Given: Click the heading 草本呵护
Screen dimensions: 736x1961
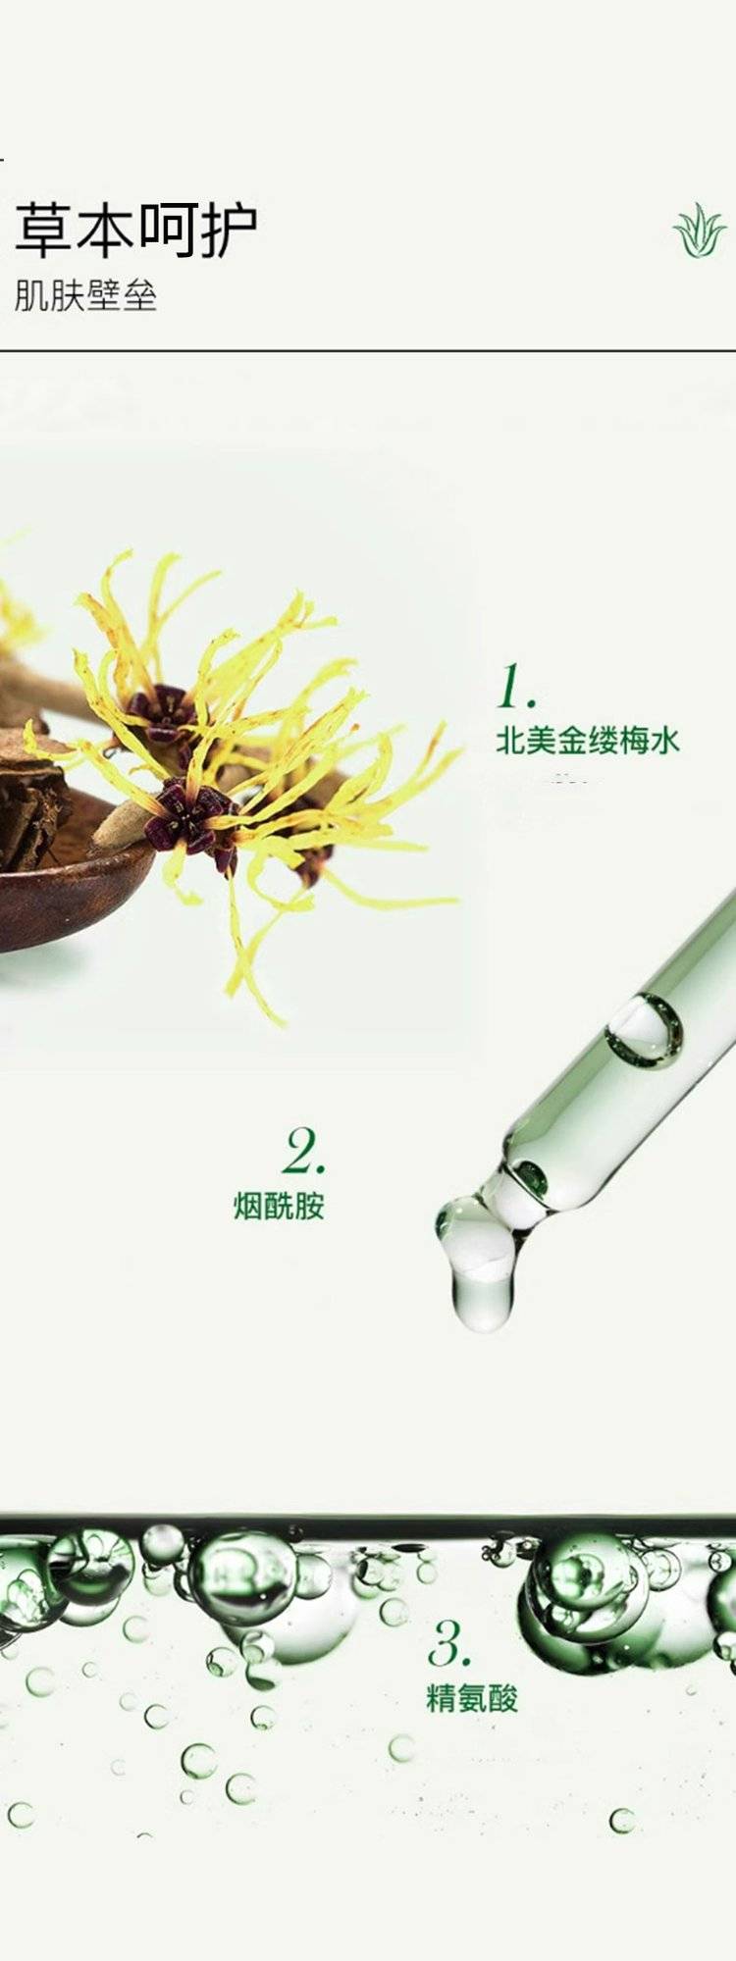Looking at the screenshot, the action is click(x=136, y=231).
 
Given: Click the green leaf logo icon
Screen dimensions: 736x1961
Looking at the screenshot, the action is click(x=700, y=232).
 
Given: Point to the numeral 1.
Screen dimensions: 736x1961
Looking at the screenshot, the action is click(x=515, y=686).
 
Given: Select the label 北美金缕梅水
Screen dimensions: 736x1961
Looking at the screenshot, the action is click(x=587, y=741).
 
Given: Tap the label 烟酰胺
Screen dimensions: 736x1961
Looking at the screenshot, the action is click(x=279, y=1206).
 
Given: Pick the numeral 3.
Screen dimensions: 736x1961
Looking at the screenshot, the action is click(x=449, y=1643).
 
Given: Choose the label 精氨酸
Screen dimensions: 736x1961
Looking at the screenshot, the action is click(x=472, y=1698).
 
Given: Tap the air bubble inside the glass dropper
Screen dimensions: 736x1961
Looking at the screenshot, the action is click(x=645, y=1029).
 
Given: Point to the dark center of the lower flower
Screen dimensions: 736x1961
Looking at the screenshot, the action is click(x=190, y=814).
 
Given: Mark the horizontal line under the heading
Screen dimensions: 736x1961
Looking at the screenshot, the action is click(x=368, y=350).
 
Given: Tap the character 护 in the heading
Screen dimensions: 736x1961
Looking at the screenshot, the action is click(x=229, y=232).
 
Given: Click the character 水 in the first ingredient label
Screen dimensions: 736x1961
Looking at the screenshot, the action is click(x=664, y=741).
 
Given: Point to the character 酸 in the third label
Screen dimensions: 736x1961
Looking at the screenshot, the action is click(x=503, y=1698).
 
